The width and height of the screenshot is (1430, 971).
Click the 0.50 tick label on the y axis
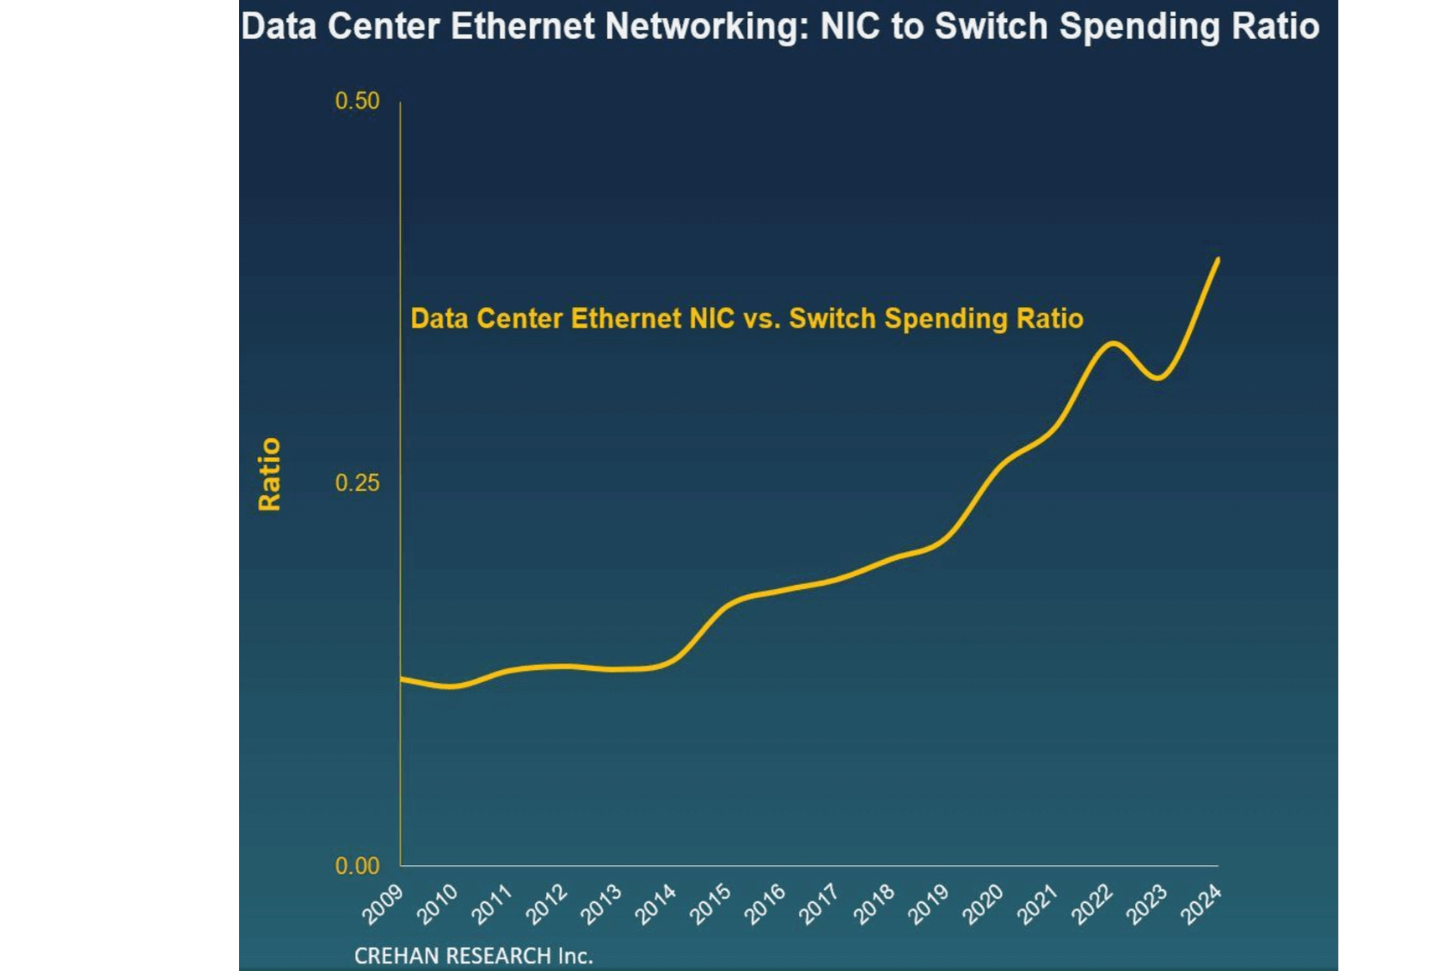point(357,101)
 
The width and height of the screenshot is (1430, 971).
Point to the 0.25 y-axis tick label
point(357,483)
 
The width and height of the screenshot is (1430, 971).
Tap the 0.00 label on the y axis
point(357,866)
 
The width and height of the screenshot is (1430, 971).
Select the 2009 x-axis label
point(383,905)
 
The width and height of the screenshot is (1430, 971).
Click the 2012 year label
point(546,905)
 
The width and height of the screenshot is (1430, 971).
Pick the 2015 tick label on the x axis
point(710,905)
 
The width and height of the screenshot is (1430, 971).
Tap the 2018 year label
point(874,905)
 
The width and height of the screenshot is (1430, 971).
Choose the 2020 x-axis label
point(983,905)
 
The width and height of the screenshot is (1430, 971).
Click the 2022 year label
point(1092,905)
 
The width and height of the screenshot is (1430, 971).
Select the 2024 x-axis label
point(1201,905)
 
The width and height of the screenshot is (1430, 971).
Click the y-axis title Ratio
point(269,474)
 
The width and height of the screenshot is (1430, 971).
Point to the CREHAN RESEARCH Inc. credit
point(474,956)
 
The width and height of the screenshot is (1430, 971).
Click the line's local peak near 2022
point(1113,343)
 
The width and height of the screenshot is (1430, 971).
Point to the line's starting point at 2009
point(402,679)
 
